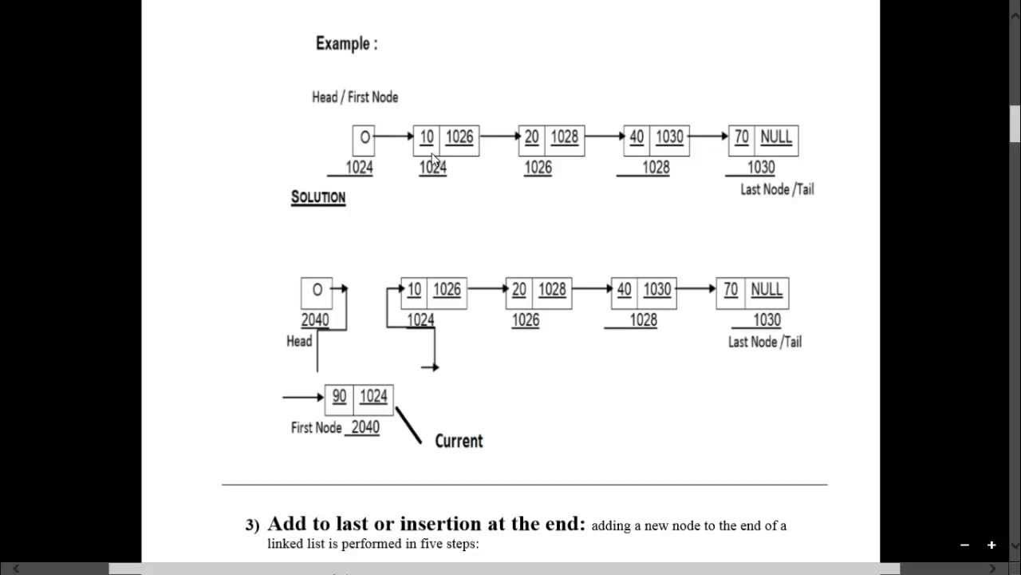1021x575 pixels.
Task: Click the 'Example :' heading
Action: tap(346, 44)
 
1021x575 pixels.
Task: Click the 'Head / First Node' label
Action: tap(354, 97)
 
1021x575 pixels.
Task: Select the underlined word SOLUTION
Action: tap(317, 197)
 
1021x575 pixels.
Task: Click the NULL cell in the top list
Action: tap(775, 137)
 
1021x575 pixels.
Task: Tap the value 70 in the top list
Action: tap(741, 137)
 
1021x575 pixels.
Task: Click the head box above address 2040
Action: tap(317, 291)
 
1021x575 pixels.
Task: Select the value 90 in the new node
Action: tap(339, 397)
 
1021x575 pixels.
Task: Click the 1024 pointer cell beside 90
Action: tap(373, 397)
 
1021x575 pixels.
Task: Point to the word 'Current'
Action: tap(459, 441)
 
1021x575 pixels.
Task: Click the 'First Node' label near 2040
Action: tap(316, 428)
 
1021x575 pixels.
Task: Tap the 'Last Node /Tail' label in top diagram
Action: tap(777, 189)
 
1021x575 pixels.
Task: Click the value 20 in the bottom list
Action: tap(519, 290)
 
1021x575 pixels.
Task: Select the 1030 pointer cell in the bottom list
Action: tap(656, 290)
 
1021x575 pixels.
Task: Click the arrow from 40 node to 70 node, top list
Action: tap(708, 137)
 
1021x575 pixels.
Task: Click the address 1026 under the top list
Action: tap(538, 168)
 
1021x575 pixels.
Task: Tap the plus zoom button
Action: tap(991, 545)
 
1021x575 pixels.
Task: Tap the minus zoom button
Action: tap(964, 545)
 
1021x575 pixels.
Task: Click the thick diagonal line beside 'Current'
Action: tap(408, 425)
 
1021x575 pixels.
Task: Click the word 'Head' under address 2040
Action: tap(299, 341)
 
